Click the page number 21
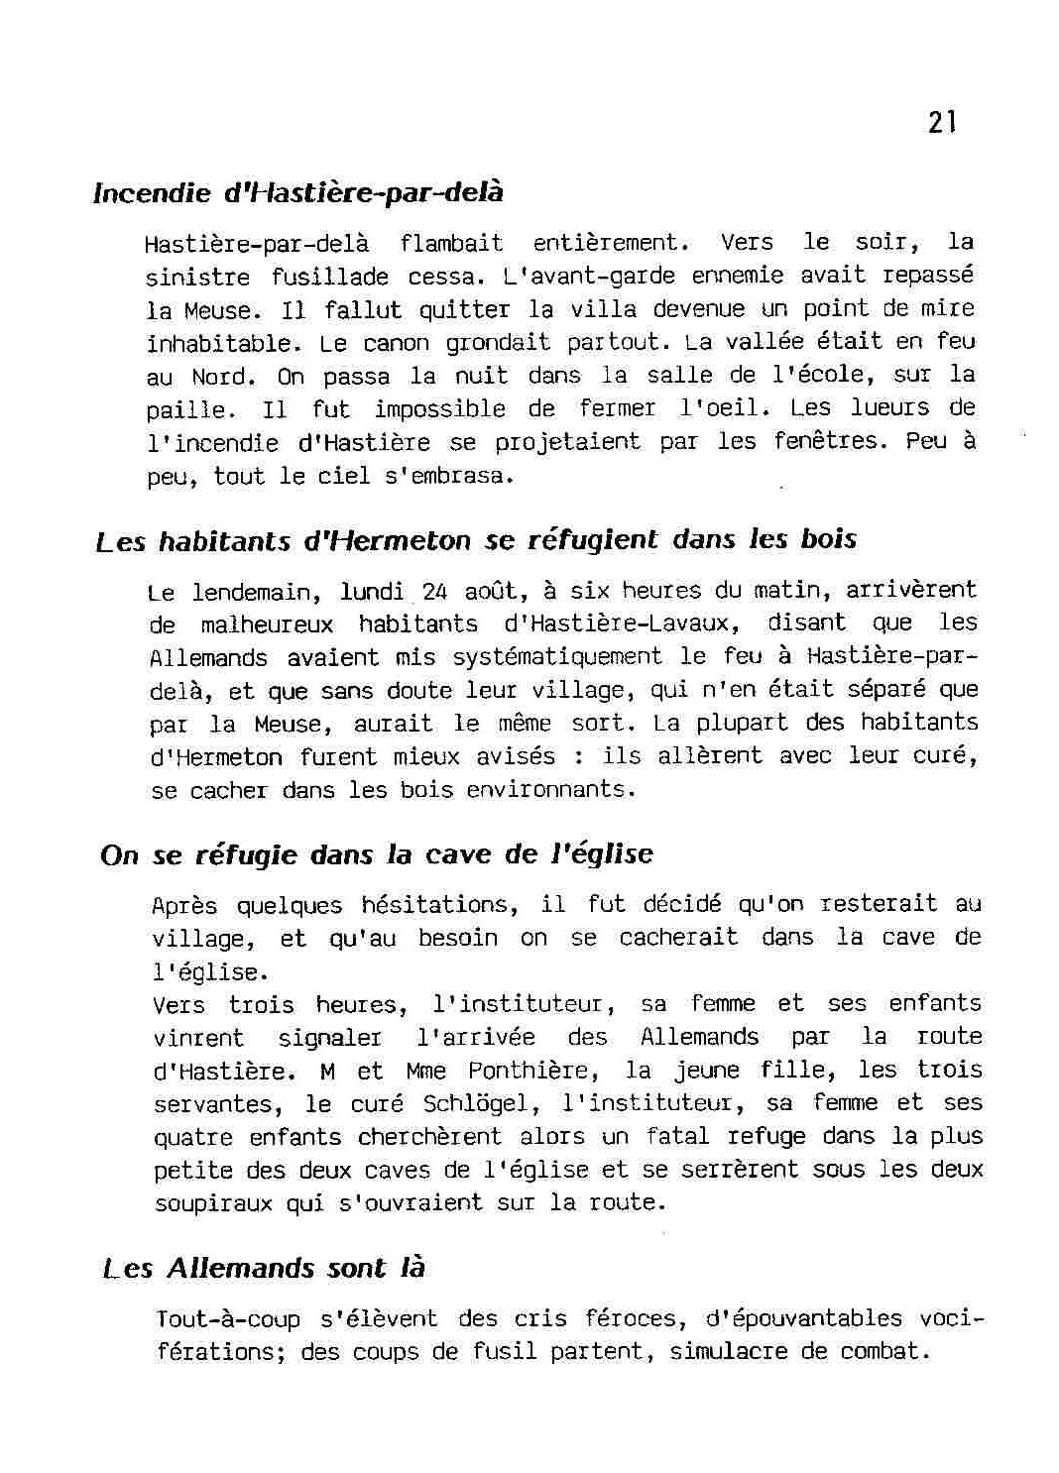point(942,122)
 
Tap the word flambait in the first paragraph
point(451,243)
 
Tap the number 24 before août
point(435,592)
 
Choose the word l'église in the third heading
point(602,854)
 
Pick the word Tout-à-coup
point(229,1319)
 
